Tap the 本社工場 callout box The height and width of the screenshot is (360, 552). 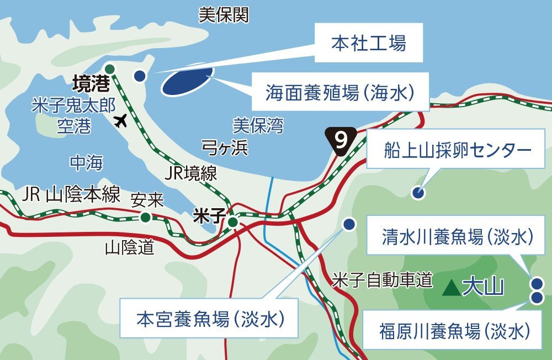tap(369, 43)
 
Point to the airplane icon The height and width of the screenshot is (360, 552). tap(121, 120)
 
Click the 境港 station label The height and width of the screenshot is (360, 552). tap(91, 84)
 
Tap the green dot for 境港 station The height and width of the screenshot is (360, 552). tap(110, 68)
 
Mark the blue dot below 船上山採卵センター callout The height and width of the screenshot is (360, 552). tap(418, 193)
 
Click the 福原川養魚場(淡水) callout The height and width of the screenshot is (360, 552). tap(453, 331)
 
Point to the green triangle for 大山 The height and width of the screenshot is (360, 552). tap(452, 287)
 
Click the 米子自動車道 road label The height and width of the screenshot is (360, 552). tap(381, 280)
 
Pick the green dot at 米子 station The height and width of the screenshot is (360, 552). tap(232, 222)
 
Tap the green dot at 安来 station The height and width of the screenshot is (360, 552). tap(145, 217)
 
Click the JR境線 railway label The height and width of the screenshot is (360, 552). tap(191, 173)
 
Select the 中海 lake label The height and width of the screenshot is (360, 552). tap(86, 162)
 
